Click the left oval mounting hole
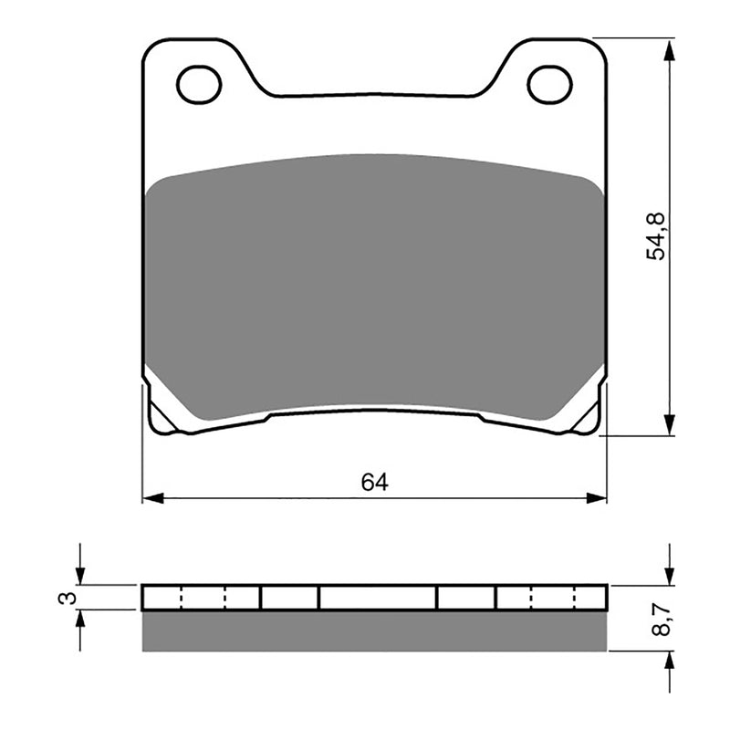point(199,85)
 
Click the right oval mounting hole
point(549,85)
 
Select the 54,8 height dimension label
point(656,236)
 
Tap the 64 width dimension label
point(374,483)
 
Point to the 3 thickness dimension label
point(64,598)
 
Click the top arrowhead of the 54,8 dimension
point(670,50)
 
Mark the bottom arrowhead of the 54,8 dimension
point(670,424)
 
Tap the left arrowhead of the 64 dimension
point(153,498)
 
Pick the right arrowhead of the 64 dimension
point(596,498)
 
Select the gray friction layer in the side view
point(374,631)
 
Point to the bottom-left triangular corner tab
point(163,416)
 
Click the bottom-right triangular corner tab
point(585,416)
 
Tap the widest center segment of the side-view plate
point(377,598)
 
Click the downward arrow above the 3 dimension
point(80,573)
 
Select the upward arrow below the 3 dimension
point(80,621)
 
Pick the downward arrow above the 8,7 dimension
point(670,573)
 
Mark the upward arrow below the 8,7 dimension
point(670,663)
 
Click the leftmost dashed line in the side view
point(182,598)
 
